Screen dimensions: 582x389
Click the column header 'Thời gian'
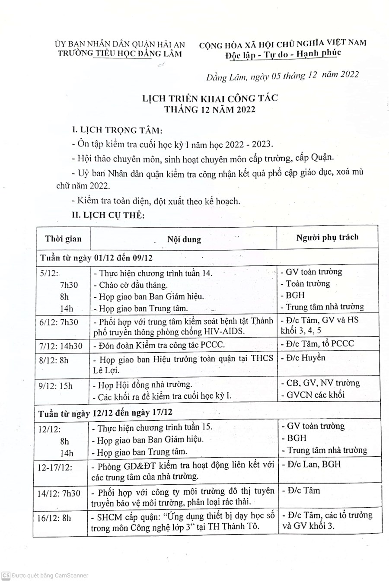(63, 239)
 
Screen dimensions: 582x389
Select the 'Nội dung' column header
(185, 239)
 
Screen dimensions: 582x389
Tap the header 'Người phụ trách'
(327, 237)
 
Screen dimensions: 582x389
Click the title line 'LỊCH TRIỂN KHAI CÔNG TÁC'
(210, 98)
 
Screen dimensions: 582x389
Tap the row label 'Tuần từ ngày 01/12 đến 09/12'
(96, 258)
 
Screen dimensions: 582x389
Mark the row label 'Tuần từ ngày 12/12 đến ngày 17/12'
(105, 413)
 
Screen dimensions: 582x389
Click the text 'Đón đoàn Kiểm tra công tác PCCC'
(162, 345)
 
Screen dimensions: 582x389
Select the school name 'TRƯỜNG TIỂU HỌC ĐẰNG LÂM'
(120, 53)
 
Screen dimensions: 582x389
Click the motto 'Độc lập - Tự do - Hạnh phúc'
(283, 53)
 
